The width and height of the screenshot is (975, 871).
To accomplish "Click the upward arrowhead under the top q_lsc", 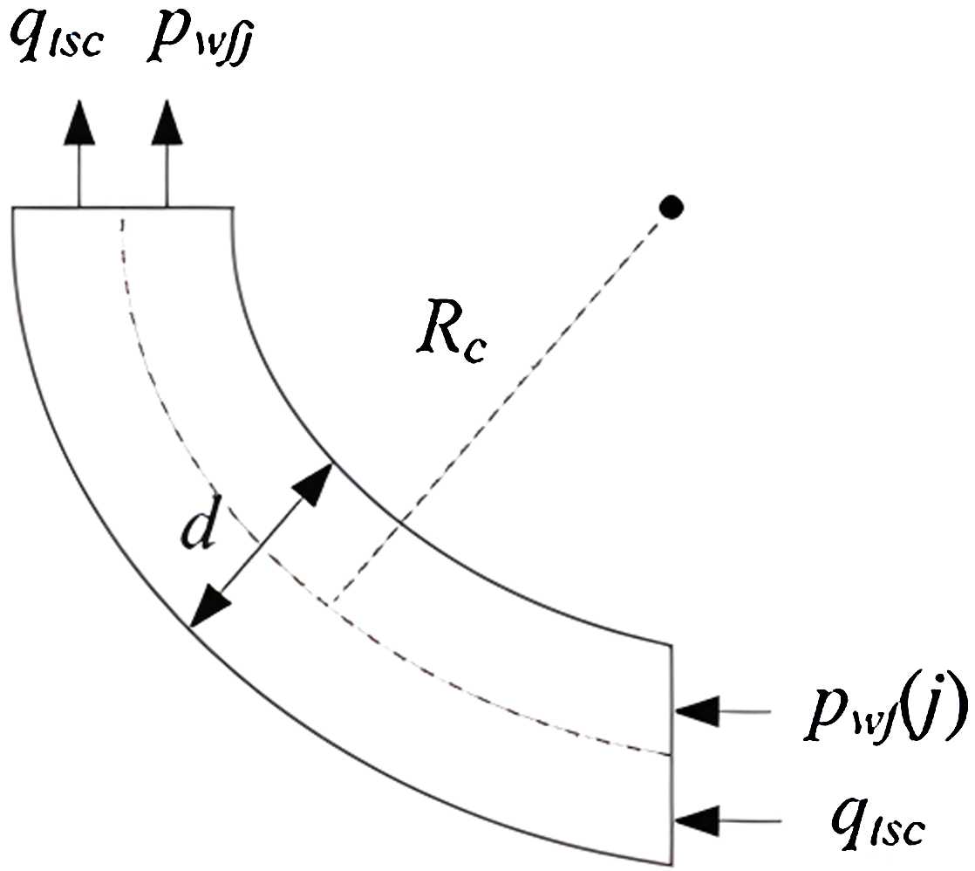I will point(79,122).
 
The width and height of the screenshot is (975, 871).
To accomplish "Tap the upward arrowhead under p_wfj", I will point(165,122).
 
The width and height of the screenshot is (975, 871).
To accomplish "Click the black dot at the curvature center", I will point(670,207).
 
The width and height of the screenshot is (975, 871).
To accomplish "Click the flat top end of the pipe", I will point(122,208).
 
